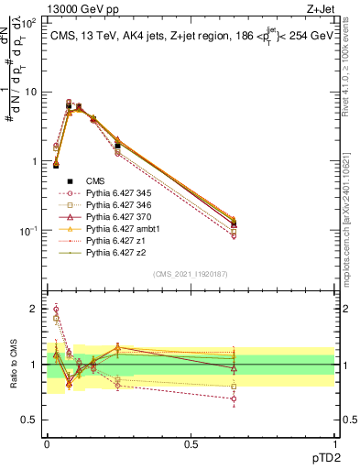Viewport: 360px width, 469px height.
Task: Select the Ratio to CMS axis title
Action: pos(12,366)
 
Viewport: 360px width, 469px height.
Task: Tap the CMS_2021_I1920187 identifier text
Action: pos(190,274)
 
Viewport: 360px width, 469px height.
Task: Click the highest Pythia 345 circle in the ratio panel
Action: pos(56,310)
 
